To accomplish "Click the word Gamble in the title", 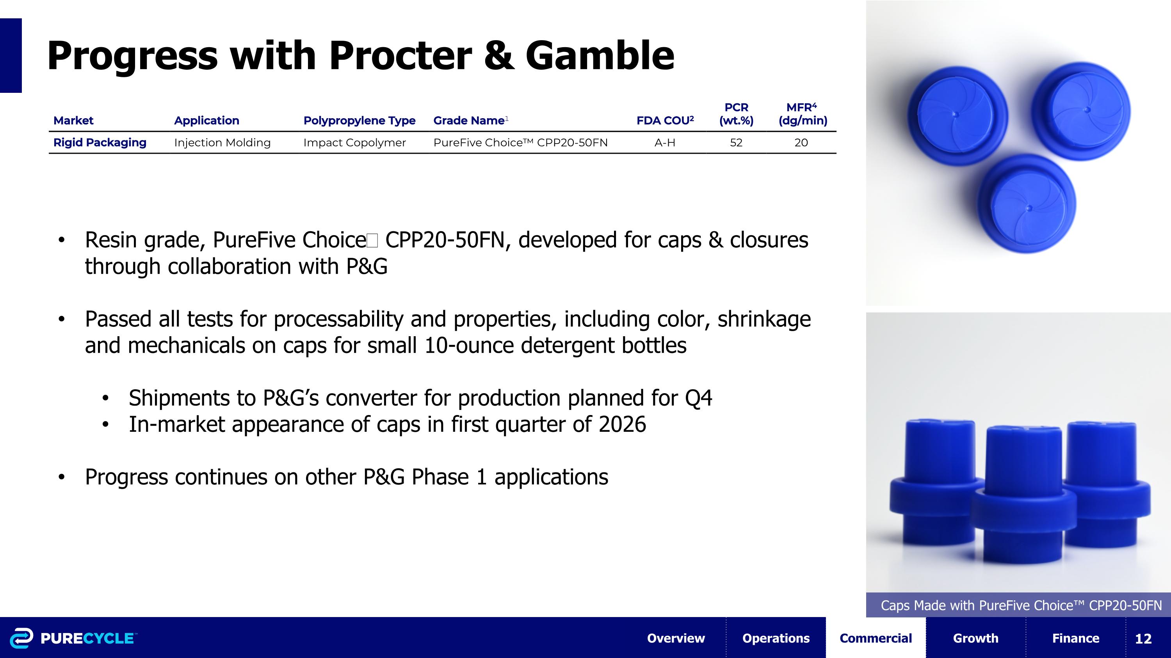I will tap(599, 56).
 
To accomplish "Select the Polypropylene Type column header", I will tap(359, 121).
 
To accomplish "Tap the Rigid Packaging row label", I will tap(100, 143).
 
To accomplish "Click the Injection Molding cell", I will tap(222, 143).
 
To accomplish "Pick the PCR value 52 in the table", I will tap(736, 143).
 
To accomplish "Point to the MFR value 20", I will tap(801, 143).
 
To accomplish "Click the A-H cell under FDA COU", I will tap(665, 143).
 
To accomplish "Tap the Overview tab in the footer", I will tap(676, 638).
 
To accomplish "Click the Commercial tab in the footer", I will tap(876, 638).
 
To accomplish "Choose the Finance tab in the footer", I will tap(1075, 638).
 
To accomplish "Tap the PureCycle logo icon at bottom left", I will tap(21, 638).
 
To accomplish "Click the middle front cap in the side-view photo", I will tap(1024, 495).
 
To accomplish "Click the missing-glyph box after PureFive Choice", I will tap(372, 240).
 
